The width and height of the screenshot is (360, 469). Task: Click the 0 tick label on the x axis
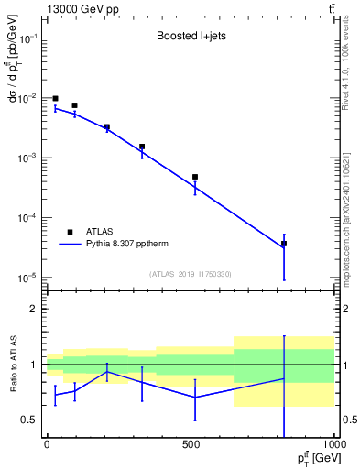tap(47, 444)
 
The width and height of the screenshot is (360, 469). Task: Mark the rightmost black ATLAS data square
tap(284, 244)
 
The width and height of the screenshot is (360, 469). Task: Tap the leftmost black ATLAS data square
tap(55, 98)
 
